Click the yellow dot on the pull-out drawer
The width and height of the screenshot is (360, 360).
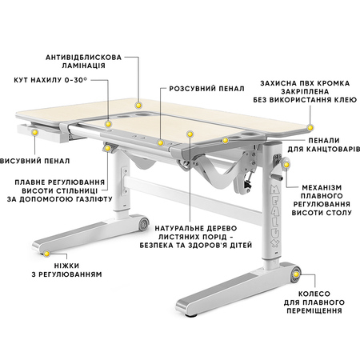point(34,132)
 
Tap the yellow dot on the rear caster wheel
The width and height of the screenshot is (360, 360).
point(296,274)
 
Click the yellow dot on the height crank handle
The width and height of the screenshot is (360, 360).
point(286,165)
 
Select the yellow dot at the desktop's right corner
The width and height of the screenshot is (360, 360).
point(310,127)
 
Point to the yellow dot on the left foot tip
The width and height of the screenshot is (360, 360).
point(46,254)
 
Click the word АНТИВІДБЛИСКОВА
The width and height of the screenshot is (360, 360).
point(83,58)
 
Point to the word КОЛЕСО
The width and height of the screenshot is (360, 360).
point(314,294)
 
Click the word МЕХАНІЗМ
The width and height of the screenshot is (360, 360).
point(322,187)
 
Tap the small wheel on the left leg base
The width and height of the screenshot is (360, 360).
point(144,222)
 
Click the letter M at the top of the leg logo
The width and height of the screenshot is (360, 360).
point(274,190)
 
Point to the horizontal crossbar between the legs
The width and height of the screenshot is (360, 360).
point(192,197)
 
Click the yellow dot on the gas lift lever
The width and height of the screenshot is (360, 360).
point(108,148)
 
